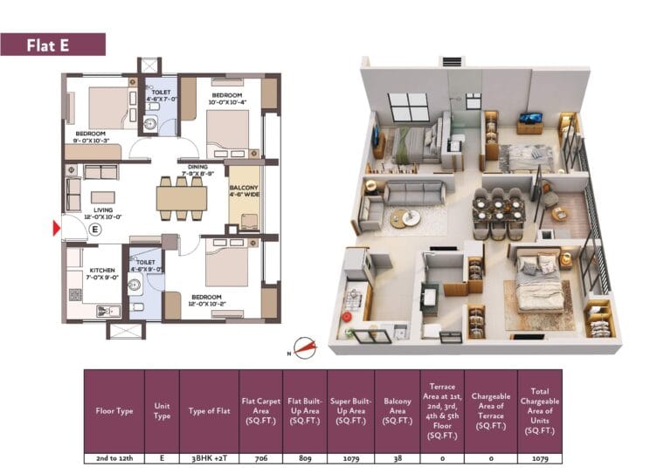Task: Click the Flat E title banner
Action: tap(52, 45)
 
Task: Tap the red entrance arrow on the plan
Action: tap(57, 229)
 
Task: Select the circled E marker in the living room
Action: tap(95, 230)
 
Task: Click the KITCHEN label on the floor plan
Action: tap(102, 271)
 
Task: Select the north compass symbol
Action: tap(304, 347)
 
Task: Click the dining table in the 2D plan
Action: tap(181, 198)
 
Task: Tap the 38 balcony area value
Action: tap(396, 457)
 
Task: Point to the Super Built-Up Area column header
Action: tap(349, 410)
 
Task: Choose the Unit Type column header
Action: tap(162, 410)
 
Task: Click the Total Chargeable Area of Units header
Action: tap(539, 410)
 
